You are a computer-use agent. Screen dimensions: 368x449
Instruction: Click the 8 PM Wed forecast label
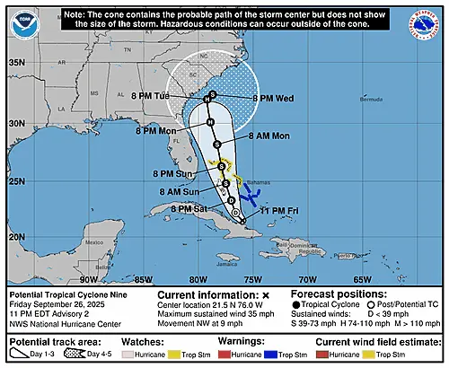(x=273, y=98)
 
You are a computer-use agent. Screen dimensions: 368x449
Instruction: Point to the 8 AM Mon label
(x=269, y=136)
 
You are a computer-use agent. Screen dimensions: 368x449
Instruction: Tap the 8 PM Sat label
(x=164, y=208)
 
